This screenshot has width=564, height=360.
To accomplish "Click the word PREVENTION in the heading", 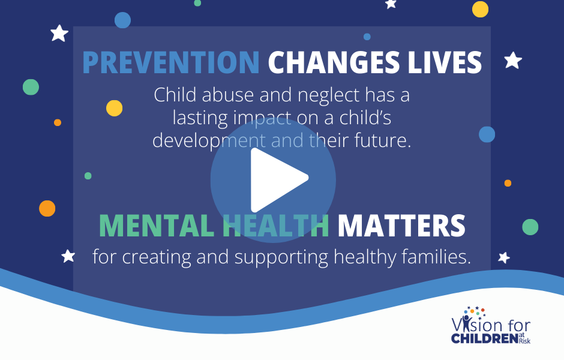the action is [x=171, y=62].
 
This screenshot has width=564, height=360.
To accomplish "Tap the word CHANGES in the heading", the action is [x=334, y=62].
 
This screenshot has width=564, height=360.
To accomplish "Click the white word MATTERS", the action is [x=401, y=226].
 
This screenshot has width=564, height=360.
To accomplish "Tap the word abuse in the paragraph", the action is [x=227, y=95].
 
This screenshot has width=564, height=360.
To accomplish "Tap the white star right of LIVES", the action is [x=513, y=61].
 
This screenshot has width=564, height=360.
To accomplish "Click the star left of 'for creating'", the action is [x=68, y=256].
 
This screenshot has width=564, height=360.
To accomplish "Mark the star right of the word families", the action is [x=504, y=257].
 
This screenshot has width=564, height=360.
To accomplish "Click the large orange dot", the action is [x=47, y=208].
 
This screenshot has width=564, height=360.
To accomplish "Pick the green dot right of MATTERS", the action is [x=530, y=227].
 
